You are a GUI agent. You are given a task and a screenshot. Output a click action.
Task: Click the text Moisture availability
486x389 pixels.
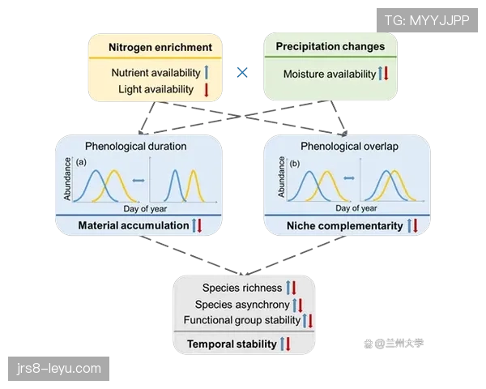coord(329,75)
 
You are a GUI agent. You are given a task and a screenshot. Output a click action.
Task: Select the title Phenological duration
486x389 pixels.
coord(135,147)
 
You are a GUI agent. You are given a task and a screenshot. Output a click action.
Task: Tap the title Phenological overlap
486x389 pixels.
coord(347,147)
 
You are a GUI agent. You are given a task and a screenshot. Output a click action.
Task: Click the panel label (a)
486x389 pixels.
coord(81,163)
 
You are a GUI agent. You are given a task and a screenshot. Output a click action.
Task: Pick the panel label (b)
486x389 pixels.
coord(292,163)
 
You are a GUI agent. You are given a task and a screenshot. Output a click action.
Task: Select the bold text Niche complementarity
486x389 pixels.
coord(344,225)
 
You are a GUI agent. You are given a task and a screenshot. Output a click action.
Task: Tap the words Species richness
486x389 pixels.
coord(241,289)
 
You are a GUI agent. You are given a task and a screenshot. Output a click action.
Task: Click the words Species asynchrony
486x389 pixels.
coord(241,305)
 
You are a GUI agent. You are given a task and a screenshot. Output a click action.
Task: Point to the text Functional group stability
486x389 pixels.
coord(241,320)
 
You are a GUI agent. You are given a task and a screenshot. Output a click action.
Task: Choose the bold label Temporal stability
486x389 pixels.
coord(232,344)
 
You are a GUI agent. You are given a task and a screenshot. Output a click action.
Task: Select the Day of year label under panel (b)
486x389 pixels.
coord(349,209)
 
